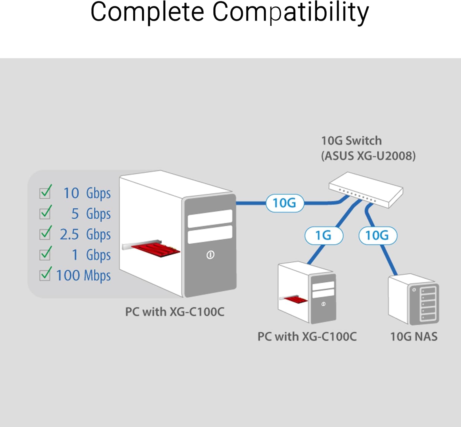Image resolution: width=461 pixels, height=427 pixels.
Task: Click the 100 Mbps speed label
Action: (83, 275)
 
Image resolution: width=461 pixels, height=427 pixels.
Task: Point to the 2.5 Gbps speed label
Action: (85, 234)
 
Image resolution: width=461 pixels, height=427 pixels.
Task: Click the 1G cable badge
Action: (324, 236)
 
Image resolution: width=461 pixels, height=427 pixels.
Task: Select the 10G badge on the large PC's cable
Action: (285, 203)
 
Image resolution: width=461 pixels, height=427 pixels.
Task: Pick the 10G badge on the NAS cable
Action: (378, 236)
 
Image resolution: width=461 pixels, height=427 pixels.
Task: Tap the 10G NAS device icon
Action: (413, 299)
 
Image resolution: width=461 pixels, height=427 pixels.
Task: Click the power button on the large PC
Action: (210, 255)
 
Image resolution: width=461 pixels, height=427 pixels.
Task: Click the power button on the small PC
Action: (323, 304)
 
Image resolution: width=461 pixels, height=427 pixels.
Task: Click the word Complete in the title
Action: (147, 12)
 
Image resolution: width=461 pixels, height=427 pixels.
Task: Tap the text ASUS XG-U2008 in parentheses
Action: (368, 156)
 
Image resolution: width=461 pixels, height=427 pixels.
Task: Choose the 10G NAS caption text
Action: (414, 337)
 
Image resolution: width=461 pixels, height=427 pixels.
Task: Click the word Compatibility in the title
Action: (290, 12)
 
